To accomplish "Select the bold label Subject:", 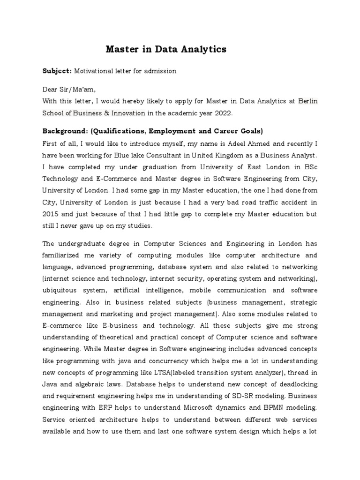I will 57,71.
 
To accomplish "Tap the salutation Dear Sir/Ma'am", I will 72,90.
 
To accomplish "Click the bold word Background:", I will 64,130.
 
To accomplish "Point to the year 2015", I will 51,214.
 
